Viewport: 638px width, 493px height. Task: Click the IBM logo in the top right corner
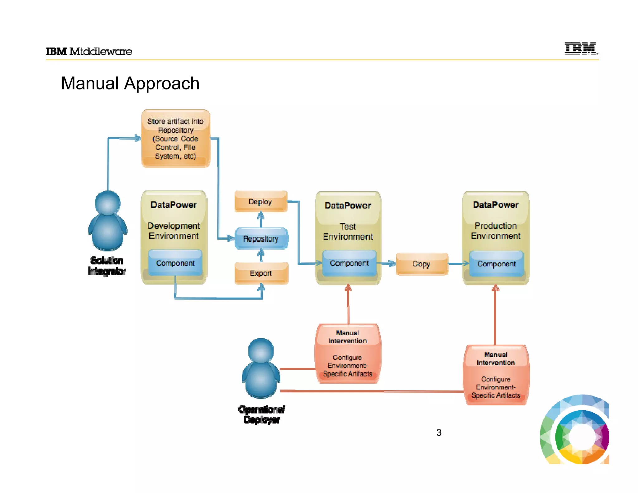[x=581, y=48]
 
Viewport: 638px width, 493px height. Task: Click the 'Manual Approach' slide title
[x=130, y=84]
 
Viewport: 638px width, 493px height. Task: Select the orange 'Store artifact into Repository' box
[x=176, y=138]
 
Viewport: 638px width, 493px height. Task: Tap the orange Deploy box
[x=260, y=202]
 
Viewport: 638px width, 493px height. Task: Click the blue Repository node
[x=261, y=239]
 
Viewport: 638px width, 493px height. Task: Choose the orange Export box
[x=261, y=273]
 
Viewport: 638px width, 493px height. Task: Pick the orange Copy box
[x=422, y=264]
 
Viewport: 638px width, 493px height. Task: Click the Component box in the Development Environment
[x=175, y=263]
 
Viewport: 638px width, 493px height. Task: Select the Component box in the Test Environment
[x=349, y=263]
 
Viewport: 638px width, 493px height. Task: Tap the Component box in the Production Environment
[x=497, y=264]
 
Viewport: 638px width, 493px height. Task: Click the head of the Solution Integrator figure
[x=107, y=203]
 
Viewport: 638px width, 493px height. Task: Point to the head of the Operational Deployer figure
[x=261, y=351]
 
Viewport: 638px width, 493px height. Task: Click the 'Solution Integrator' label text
[x=107, y=266]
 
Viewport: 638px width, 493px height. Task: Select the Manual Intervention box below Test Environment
[x=348, y=354]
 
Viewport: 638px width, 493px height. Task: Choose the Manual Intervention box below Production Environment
[x=496, y=375]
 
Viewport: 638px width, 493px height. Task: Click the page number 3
[x=439, y=433]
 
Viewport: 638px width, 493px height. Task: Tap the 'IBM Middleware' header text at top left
[x=89, y=51]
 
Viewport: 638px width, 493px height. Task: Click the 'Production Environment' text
[x=496, y=231]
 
